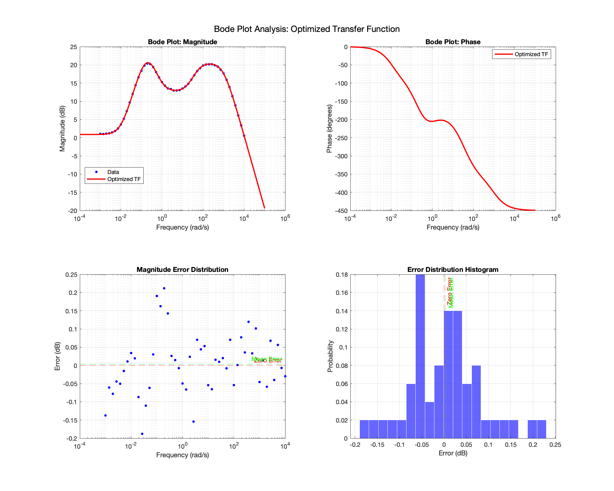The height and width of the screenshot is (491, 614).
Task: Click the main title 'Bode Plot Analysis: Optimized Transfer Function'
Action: pos(307,29)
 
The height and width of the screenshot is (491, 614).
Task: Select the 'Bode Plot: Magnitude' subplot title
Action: pos(182,42)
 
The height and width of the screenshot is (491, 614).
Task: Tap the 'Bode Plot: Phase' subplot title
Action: pos(453,42)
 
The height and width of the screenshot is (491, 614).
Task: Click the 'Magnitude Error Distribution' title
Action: pos(182,270)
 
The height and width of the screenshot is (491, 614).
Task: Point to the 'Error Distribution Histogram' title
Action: pos(453,270)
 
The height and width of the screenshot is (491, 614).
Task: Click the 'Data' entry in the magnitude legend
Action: pos(113,172)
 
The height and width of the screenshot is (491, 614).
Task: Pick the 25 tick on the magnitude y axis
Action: pos(73,47)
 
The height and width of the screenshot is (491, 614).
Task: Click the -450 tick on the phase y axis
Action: pos(341,211)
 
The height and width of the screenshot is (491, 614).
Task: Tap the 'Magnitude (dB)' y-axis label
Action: pos(62,129)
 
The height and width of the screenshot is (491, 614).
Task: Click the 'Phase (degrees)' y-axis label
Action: pos(329,129)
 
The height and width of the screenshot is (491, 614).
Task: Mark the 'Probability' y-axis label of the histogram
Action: pos(330,356)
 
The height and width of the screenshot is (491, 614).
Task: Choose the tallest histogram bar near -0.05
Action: pos(420,356)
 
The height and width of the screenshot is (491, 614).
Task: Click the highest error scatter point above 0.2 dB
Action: pos(164,288)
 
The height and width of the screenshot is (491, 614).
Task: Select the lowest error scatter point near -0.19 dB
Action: pos(142,434)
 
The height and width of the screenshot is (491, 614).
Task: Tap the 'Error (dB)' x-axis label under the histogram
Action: pos(453,453)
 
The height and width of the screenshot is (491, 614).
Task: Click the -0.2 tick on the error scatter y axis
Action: pos(72,439)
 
